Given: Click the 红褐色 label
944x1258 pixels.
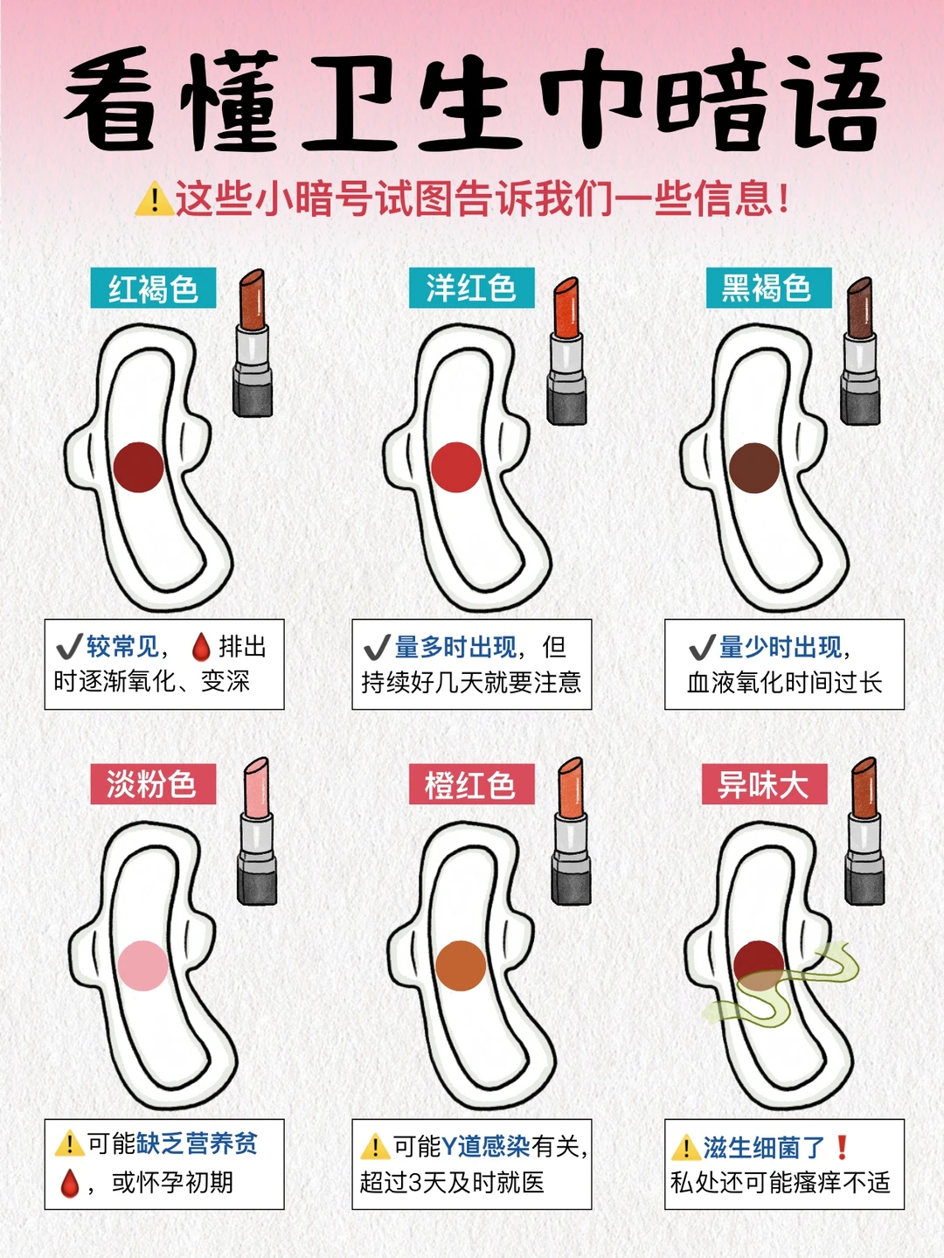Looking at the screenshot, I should (153, 288).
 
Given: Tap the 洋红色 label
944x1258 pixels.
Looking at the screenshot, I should (471, 288).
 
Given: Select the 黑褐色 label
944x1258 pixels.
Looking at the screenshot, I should (767, 288).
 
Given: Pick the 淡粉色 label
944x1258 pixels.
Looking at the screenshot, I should (152, 783).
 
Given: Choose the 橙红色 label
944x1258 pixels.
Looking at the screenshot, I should (471, 784).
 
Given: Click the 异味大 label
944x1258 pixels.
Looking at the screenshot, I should (764, 784).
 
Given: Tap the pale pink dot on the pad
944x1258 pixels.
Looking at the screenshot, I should (142, 965).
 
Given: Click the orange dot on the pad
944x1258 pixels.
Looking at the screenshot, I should (461, 965).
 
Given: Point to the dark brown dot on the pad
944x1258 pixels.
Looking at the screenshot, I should (754, 468).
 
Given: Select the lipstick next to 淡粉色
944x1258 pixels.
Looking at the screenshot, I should (257, 831).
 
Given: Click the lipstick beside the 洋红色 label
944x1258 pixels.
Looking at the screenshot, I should (566, 350).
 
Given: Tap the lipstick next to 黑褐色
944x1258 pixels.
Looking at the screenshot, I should (860, 350).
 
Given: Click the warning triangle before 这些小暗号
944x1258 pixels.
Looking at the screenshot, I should (154, 199).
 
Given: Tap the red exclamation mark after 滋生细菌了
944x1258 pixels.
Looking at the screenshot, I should (842, 1146).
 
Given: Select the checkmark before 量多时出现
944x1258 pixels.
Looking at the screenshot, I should (376, 648).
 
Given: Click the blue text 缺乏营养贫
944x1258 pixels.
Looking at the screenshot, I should (197, 1143).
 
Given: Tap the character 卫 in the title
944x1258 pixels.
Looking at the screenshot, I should (350, 101).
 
